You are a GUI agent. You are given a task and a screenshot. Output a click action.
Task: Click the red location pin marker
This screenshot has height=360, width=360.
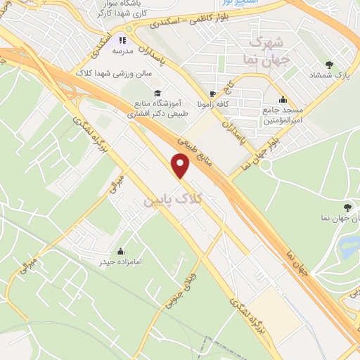(x=181, y=166)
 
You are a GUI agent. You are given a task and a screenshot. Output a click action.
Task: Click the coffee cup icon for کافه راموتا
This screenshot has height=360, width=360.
(x=212, y=94)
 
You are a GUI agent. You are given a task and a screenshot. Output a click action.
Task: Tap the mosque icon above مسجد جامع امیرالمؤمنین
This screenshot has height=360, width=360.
(x=283, y=99)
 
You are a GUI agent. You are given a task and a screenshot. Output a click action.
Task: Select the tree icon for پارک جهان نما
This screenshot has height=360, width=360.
(x=347, y=207)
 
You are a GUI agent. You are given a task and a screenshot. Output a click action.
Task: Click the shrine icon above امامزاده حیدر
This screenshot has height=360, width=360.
(x=120, y=251)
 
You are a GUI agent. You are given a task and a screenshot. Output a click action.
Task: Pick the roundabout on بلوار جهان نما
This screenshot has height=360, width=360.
(x=266, y=165)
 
